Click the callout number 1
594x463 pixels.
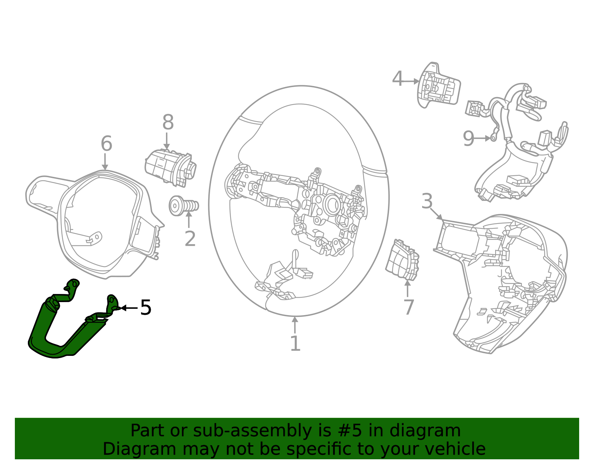[x=295, y=344]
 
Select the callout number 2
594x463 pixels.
[x=190, y=239]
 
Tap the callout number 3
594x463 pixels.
[x=427, y=201]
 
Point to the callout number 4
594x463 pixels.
[x=397, y=79]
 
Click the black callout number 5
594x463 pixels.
[x=146, y=308]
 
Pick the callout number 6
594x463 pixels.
[x=106, y=143]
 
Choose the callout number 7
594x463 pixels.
[x=408, y=307]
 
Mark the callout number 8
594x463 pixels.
[x=168, y=122]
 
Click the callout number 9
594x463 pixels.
[x=469, y=139]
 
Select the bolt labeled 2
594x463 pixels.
[x=183, y=206]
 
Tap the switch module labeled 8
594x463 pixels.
[x=169, y=167]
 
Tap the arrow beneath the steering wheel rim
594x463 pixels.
[x=295, y=325]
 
